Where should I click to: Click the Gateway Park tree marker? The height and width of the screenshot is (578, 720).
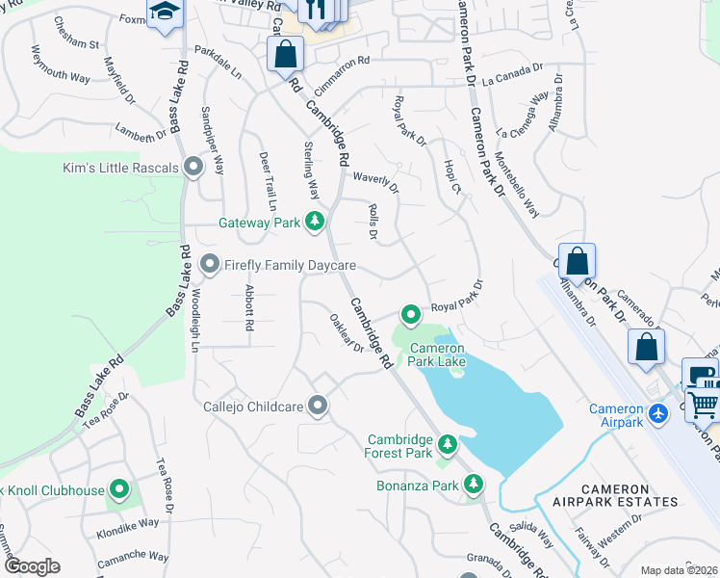pos(314,223)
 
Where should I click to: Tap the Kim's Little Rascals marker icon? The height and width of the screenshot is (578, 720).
pos(193,169)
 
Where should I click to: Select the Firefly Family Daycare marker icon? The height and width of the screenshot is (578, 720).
pos(210,264)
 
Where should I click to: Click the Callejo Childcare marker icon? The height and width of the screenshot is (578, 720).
pos(319,407)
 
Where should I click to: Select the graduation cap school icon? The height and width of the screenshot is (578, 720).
pos(165,13)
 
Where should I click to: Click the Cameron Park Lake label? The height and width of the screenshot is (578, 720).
pos(438,355)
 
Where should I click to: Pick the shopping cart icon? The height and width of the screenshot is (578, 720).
pos(704,406)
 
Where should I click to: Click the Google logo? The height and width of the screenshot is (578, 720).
pos(31,566)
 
